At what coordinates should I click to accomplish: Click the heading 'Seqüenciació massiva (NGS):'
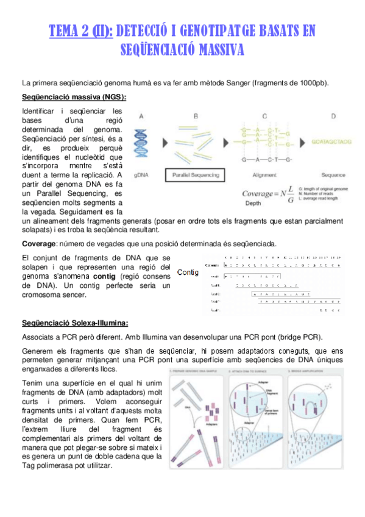click(74, 97)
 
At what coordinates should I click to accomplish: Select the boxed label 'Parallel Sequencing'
click(196, 175)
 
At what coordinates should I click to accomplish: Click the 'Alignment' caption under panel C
click(264, 175)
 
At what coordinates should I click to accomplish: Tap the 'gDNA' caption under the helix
click(141, 175)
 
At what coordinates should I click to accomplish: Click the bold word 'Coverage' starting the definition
click(39, 244)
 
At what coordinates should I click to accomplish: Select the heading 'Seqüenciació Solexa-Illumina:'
click(74, 323)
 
